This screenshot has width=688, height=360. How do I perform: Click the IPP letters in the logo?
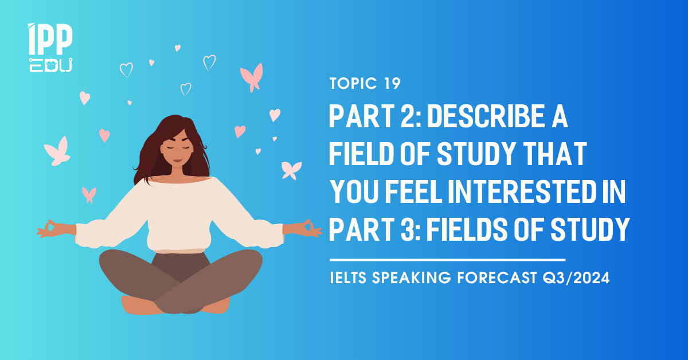(x=50, y=39)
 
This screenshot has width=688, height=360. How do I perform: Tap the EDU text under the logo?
(x=50, y=65)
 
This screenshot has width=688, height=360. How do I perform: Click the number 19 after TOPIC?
(x=392, y=83)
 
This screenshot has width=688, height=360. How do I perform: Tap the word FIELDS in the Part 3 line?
(x=467, y=229)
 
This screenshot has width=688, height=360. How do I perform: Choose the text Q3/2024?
(x=576, y=277)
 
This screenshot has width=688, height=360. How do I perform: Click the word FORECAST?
(x=497, y=277)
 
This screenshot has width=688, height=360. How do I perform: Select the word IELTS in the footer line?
(x=348, y=277)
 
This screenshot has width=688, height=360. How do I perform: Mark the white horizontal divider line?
(x=448, y=260)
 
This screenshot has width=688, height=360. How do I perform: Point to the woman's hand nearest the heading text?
(x=303, y=229)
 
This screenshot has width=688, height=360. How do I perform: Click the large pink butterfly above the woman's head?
(x=252, y=77)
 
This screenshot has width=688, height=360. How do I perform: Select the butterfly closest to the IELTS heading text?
(x=291, y=170)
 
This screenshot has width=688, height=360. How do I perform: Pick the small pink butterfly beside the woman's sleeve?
(x=89, y=195)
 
